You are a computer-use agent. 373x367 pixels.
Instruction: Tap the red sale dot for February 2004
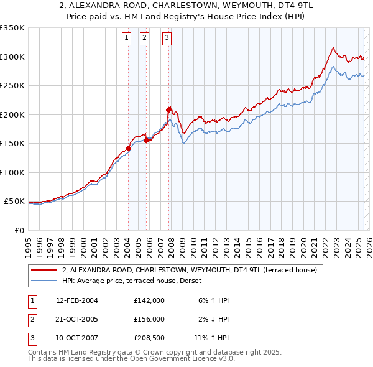128,148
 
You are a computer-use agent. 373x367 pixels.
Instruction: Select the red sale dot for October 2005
147,140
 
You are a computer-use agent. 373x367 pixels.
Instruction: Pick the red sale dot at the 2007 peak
168,109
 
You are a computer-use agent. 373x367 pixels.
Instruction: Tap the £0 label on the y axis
18,230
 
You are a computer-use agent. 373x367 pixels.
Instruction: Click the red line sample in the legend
44,270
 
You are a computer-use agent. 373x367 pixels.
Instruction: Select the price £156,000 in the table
149,319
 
